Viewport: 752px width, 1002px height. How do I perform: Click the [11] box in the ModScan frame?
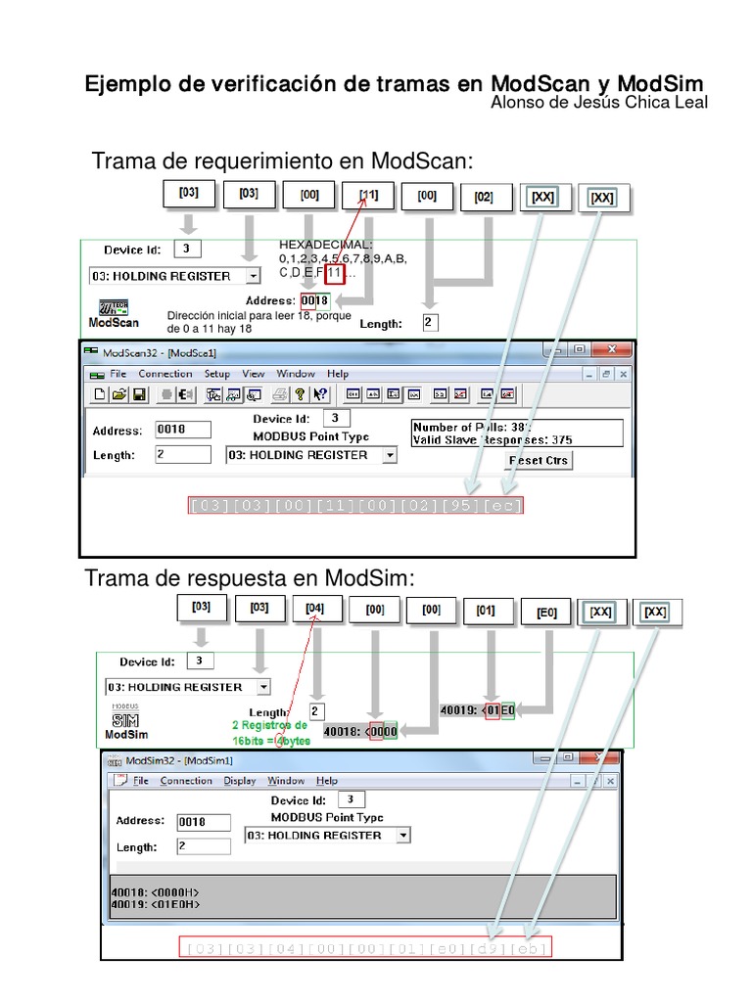pyautogui.click(x=368, y=196)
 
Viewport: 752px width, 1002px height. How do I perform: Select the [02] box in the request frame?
pyautogui.click(x=484, y=196)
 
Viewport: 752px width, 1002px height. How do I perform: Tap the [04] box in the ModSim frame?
pyautogui.click(x=315, y=608)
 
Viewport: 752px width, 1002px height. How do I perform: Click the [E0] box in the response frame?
pyautogui.click(x=546, y=613)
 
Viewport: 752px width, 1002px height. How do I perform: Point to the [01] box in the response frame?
pyautogui.click(x=486, y=610)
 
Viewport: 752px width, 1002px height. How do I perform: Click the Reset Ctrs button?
pyautogui.click(x=539, y=460)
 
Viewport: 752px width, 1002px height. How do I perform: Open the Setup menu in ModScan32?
pyautogui.click(x=216, y=374)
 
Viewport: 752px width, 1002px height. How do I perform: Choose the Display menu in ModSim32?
pyautogui.click(x=239, y=781)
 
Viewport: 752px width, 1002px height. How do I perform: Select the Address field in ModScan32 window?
pyautogui.click(x=183, y=430)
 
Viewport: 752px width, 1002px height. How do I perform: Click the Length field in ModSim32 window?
pyautogui.click(x=203, y=846)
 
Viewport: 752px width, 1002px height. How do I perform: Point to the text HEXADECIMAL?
pyautogui.click(x=326, y=244)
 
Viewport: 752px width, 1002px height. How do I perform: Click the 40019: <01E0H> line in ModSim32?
pyautogui.click(x=158, y=905)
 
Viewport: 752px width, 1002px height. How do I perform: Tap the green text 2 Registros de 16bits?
pyautogui.click(x=268, y=733)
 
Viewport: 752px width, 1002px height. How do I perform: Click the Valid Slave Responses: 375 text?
pyautogui.click(x=493, y=440)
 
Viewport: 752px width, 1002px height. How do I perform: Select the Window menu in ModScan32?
pyautogui.click(x=295, y=374)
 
